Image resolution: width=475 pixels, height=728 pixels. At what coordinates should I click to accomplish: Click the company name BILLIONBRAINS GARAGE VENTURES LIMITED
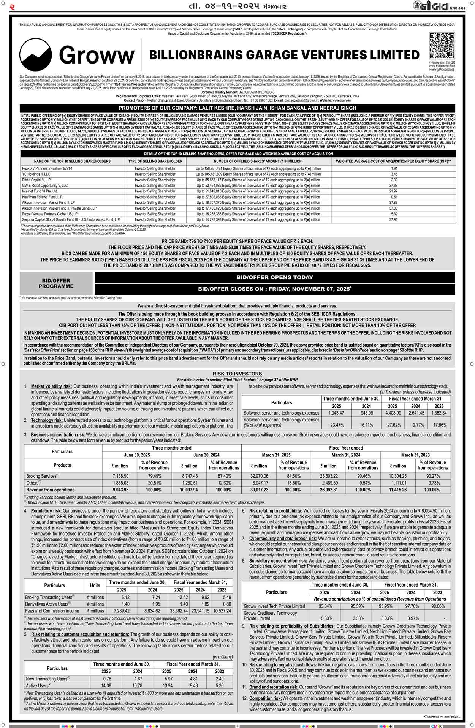pos(284,55)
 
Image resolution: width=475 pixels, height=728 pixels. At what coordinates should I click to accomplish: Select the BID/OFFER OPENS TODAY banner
pos(275,277)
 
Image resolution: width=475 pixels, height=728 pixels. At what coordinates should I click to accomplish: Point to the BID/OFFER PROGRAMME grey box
pos(56,283)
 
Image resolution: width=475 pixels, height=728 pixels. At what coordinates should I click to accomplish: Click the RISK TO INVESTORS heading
pos(237,374)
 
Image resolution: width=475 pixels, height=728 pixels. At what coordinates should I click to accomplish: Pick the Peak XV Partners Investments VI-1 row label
pos(47,168)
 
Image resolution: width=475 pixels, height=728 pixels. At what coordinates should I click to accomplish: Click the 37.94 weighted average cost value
pos(393,220)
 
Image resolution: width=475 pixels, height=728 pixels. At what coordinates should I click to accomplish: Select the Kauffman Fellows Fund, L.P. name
pos(42,197)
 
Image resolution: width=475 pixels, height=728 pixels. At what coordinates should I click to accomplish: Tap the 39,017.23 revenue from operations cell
pos(259,490)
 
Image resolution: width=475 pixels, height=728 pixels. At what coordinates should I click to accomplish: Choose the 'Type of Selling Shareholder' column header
pos(155,161)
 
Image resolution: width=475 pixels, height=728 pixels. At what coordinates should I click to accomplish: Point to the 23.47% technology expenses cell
pos(337,425)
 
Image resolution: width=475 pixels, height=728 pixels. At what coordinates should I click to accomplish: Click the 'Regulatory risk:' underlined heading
pos(46,511)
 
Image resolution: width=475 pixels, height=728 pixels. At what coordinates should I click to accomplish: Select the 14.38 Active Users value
pos(106,686)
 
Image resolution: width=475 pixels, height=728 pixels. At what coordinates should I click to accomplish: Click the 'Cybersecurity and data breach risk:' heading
pos(283,539)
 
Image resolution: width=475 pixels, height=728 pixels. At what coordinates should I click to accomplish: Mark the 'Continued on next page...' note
pos(442,717)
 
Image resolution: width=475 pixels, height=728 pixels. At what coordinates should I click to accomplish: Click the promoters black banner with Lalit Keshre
pos(237,108)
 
